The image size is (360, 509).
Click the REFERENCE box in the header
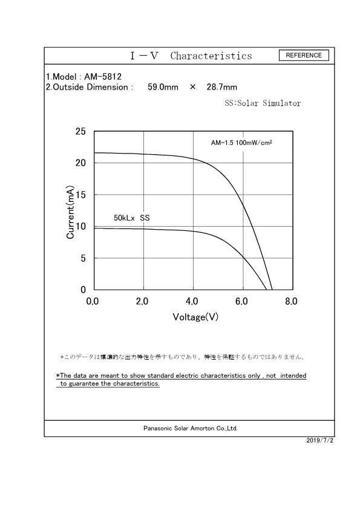(304, 55)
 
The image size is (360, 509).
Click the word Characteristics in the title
(211, 56)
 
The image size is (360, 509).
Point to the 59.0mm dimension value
(163, 87)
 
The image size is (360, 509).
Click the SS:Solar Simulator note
(263, 103)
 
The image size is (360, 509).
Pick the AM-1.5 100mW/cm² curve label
(241, 143)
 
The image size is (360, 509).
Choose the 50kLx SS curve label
(132, 217)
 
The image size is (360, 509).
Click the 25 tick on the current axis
(80, 131)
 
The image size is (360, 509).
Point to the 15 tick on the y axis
(80, 195)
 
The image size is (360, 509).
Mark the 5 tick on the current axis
(83, 258)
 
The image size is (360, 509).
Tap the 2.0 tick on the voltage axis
(142, 301)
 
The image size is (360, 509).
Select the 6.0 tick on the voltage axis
(241, 301)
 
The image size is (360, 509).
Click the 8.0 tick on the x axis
(291, 301)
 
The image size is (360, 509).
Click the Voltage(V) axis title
(195, 317)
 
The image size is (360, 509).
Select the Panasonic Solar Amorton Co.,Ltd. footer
(191, 428)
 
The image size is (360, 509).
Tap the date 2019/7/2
(320, 441)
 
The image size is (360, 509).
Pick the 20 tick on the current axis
(80, 163)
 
